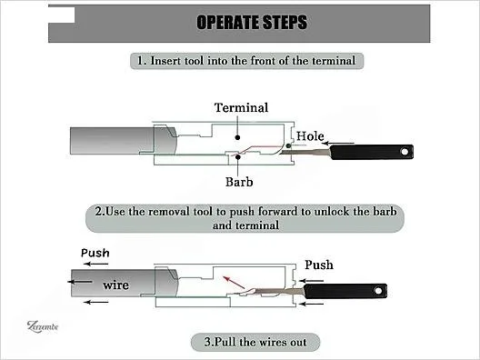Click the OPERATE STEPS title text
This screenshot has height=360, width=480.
point(252,23)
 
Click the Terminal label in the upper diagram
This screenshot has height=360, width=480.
point(241,107)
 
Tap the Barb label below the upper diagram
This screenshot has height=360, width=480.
point(239,182)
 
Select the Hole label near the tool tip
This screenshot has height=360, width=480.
point(310,136)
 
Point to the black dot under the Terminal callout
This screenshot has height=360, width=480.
point(237,137)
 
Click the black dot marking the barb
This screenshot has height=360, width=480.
point(238,157)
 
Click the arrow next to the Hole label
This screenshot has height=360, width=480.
point(338,143)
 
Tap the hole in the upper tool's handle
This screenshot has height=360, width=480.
point(405,152)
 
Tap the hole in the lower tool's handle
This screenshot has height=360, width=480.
point(378,290)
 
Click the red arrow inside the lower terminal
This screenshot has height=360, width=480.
point(234,282)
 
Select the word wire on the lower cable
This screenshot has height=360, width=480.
point(115,285)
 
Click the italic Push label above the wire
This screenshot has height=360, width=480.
point(95,253)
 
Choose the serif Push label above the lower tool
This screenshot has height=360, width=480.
point(319,265)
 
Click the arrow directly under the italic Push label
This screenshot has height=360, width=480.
point(95,264)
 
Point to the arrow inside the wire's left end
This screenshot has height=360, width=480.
point(80,282)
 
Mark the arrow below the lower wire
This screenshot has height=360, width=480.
point(96,303)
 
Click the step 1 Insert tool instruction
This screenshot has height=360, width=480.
point(246,61)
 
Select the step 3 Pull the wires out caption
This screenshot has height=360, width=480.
point(255,342)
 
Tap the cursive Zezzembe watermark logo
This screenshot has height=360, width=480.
point(43,326)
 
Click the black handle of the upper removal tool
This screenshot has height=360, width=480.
point(372,152)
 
